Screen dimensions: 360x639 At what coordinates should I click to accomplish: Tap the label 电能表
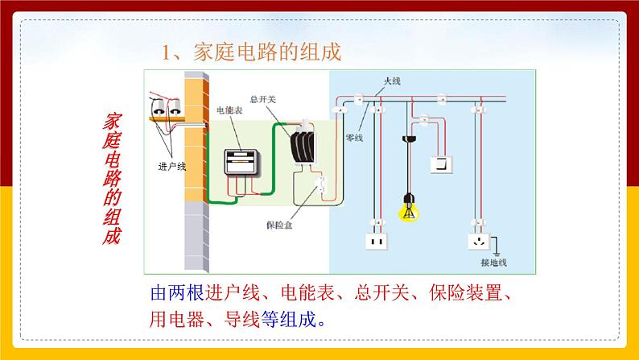coord(229,110)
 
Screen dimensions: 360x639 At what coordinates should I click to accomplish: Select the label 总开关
coord(262,99)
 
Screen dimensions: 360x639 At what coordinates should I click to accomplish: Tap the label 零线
coord(354,139)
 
